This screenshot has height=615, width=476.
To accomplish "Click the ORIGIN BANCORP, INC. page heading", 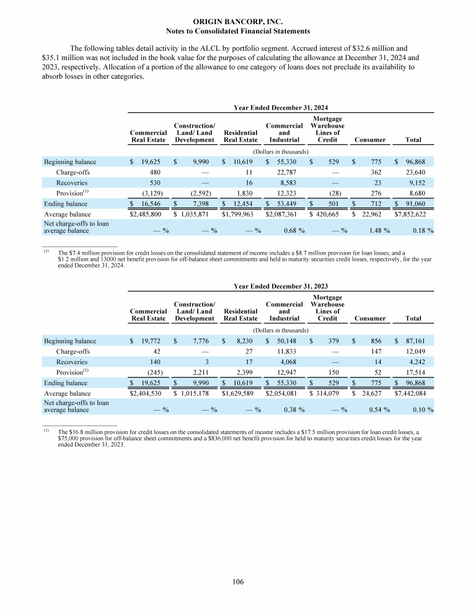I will (238, 20).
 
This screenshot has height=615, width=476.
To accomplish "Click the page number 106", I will (238, 582).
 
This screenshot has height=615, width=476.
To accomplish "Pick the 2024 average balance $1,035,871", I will (197, 214).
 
